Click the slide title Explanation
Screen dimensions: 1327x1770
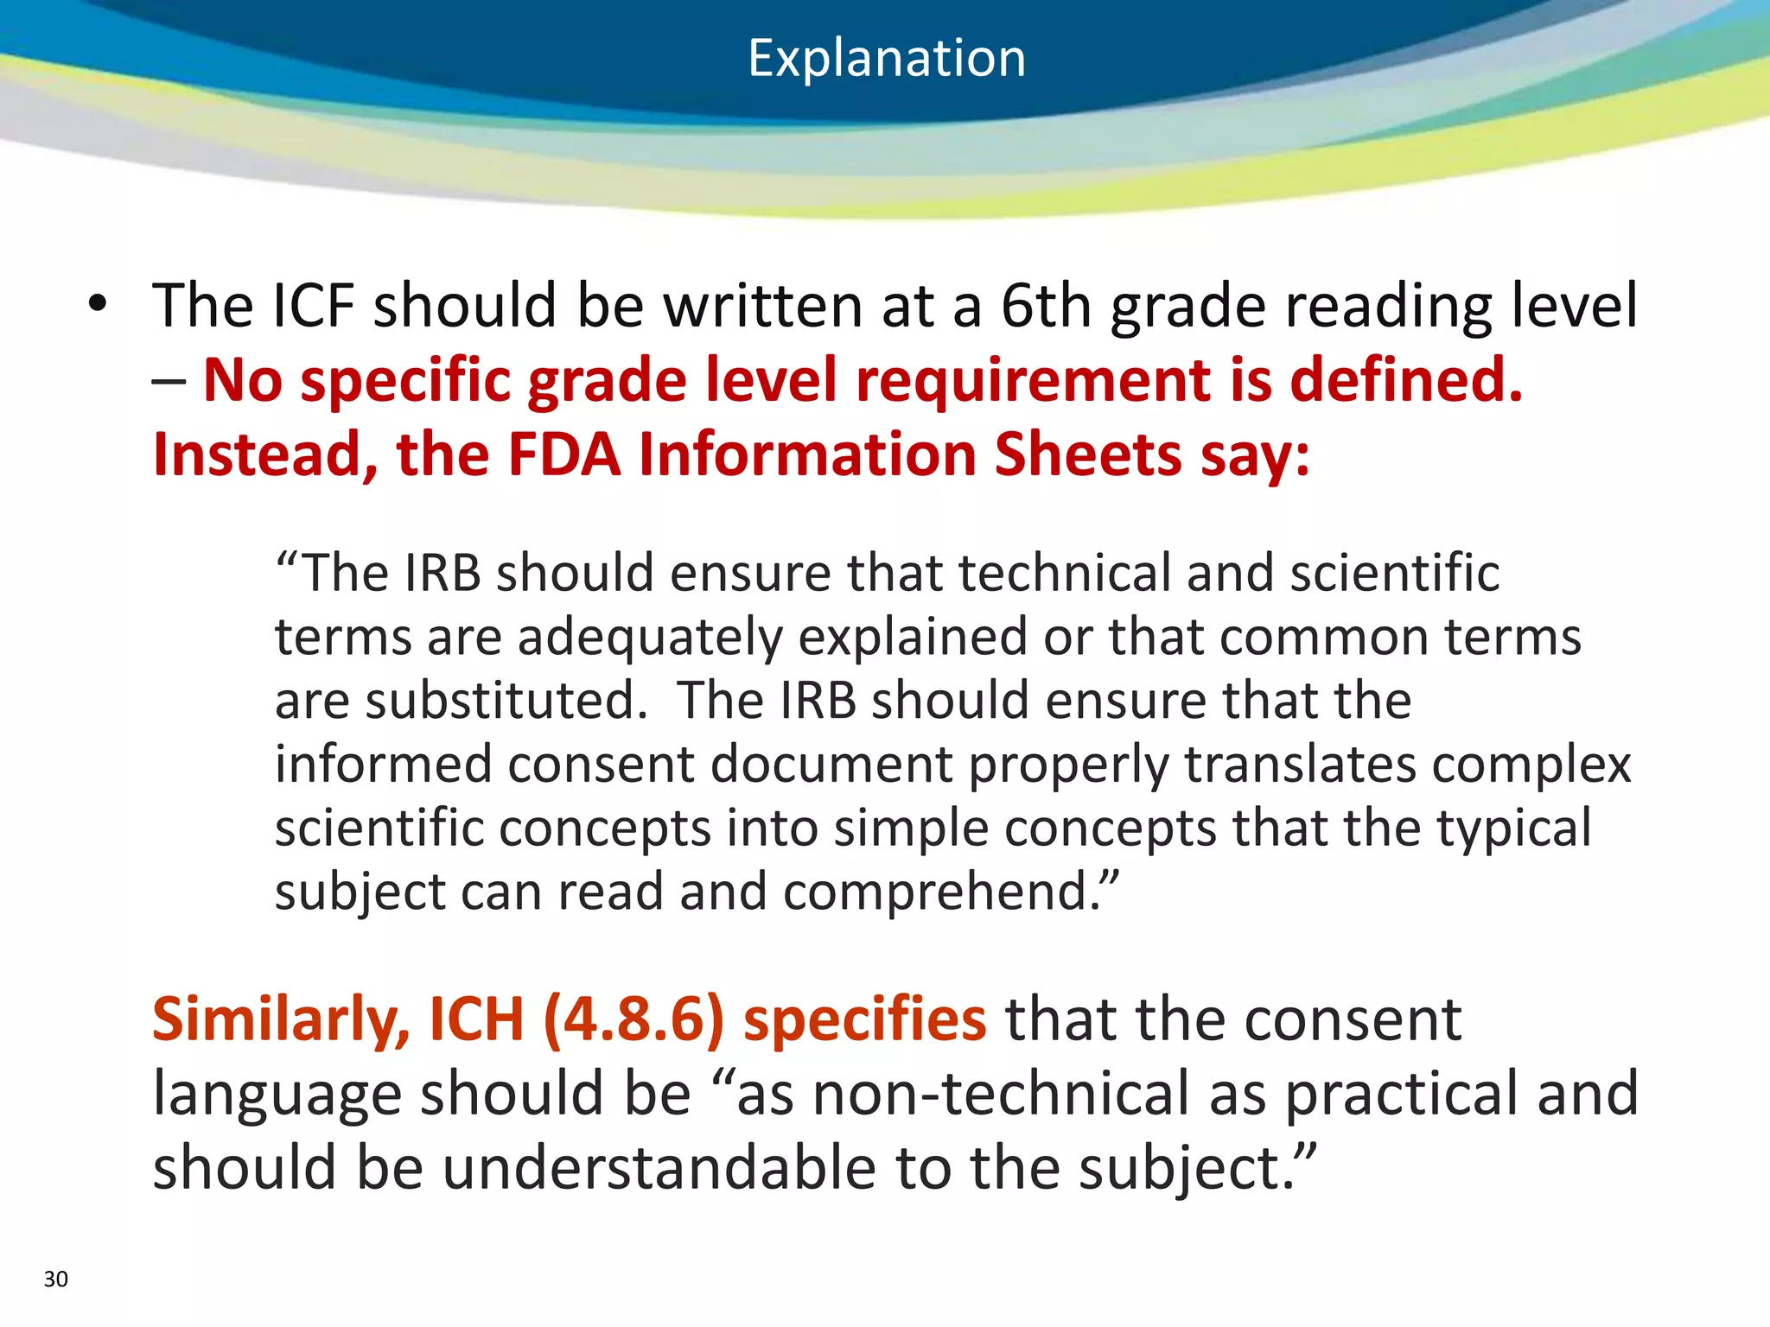click(x=886, y=59)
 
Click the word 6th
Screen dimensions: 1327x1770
click(x=1046, y=306)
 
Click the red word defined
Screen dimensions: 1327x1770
click(x=1406, y=380)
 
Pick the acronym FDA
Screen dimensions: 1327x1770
click(x=564, y=455)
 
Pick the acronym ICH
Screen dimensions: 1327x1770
click(x=477, y=1020)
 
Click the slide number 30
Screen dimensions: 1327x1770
click(x=55, y=1279)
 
